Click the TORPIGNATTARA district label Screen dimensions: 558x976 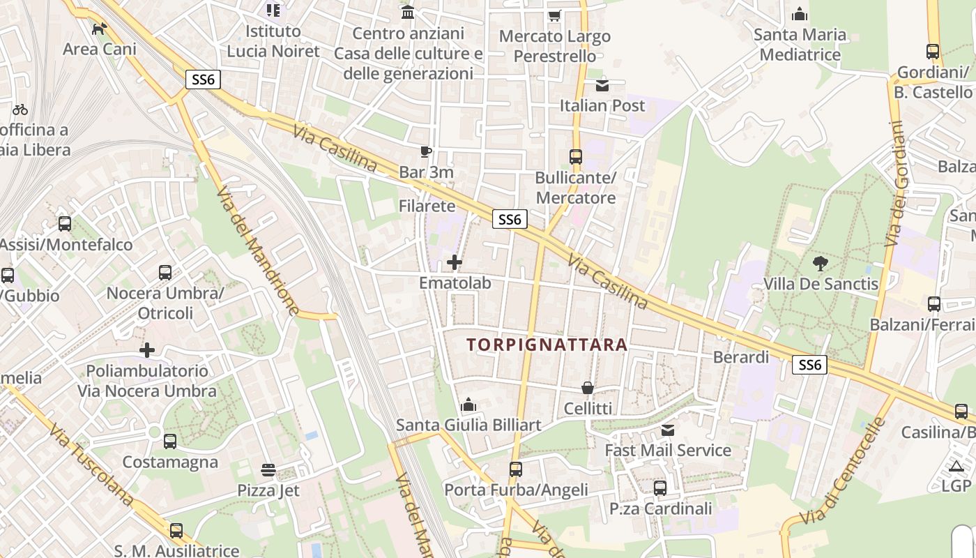click(x=547, y=345)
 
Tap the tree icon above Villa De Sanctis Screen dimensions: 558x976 click(x=821, y=264)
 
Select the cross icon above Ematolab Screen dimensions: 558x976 click(x=455, y=262)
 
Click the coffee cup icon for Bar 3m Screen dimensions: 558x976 click(x=426, y=151)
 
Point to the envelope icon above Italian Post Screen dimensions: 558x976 click(x=602, y=85)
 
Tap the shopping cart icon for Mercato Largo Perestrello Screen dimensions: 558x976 click(x=554, y=15)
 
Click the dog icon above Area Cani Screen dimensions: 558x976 click(x=100, y=29)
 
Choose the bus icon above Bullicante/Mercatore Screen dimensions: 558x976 click(x=576, y=157)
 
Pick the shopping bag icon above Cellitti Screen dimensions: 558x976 click(x=588, y=388)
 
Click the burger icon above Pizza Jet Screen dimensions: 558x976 click(x=268, y=469)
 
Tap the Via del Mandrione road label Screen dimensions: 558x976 click(x=257, y=251)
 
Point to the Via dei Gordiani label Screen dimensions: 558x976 click(x=894, y=184)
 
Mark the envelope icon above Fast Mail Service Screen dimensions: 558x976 click(x=668, y=430)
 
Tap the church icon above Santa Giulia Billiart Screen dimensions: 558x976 click(x=468, y=405)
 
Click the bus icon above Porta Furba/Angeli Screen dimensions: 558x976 click(x=516, y=469)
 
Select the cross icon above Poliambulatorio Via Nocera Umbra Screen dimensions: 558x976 click(x=147, y=349)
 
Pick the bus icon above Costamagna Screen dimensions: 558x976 click(x=170, y=442)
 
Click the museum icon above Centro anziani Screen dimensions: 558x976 click(x=408, y=13)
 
